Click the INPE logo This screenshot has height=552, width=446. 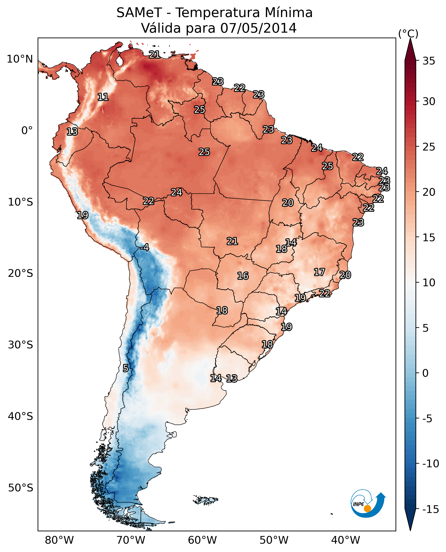pos(368,504)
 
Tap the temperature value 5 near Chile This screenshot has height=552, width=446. pos(125,368)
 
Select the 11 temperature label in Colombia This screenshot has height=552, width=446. pos(103,97)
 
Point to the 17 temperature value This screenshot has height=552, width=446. pos(319,272)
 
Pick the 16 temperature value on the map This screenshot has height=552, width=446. pos(243,276)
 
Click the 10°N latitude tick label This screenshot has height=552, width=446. pos(20,59)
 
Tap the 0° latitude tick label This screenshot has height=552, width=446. pos(27,131)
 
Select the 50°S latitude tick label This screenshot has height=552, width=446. pos(21,488)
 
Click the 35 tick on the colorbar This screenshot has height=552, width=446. pos(429,61)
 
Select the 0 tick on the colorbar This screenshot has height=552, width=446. pos(425,373)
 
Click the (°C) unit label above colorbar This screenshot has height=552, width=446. pos(408,34)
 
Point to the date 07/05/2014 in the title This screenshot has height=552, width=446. pos(258,28)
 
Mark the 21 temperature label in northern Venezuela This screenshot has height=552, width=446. pos(154,54)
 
